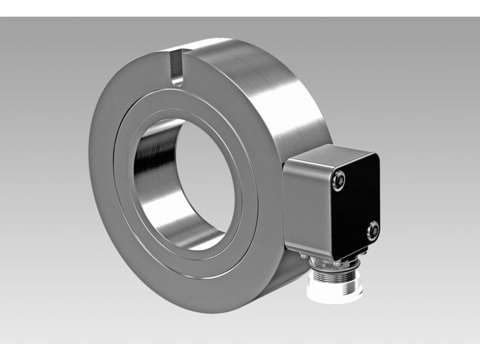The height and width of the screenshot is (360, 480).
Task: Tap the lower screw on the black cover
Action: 373,231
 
